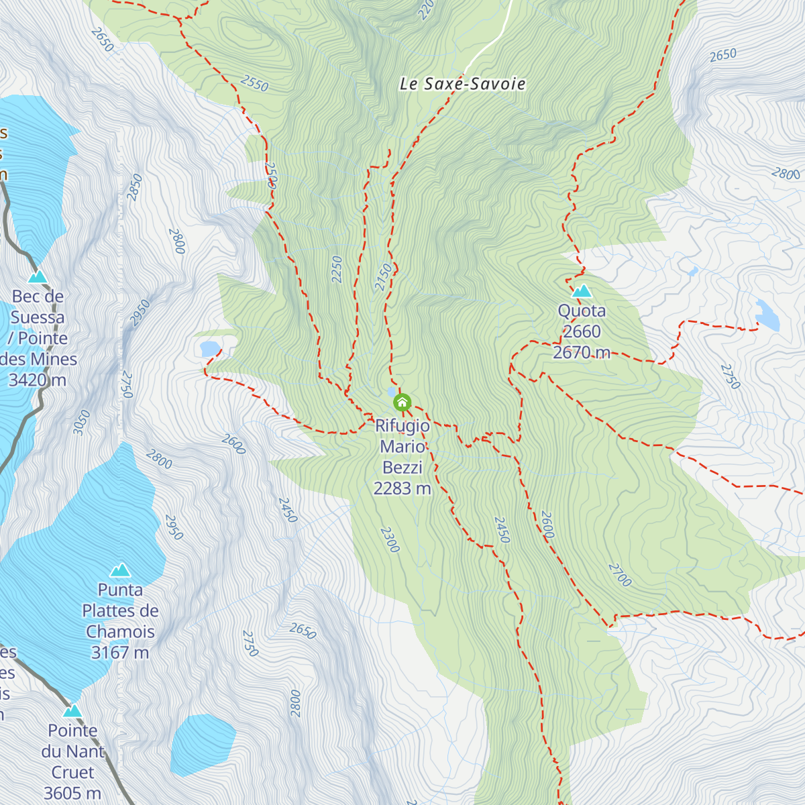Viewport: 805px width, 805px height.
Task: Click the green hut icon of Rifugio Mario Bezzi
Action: (402, 402)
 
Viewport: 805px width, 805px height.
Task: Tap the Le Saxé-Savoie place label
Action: (462, 84)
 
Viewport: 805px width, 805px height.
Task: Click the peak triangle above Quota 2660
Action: (582, 291)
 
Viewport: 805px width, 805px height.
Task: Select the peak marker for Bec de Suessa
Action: (38, 276)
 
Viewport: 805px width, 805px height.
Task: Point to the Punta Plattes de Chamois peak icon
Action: (120, 570)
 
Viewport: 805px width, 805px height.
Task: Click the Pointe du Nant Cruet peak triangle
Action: (72, 710)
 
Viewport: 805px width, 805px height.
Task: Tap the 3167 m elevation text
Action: (119, 652)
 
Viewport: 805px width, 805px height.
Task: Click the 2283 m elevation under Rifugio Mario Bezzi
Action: (402, 488)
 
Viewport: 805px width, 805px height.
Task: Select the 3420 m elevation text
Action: (38, 380)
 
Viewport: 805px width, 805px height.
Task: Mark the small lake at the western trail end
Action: (209, 348)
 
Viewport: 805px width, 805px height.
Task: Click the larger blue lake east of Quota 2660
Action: (767, 316)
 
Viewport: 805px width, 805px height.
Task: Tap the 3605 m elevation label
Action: (72, 793)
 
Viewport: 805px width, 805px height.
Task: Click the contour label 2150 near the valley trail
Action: (384, 277)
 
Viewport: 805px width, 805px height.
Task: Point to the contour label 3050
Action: (81, 423)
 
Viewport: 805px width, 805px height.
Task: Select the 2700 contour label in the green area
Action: (620, 575)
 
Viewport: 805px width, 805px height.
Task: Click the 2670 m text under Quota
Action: (582, 352)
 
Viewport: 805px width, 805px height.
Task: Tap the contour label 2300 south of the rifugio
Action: (390, 539)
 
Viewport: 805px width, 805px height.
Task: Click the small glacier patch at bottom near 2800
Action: (203, 743)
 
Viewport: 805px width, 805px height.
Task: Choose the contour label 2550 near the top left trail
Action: (254, 85)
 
